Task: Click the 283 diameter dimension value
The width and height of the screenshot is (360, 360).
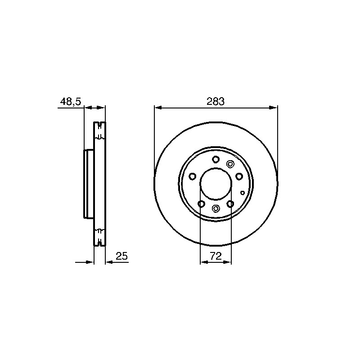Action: click(216, 101)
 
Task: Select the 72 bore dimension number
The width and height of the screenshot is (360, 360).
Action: click(216, 256)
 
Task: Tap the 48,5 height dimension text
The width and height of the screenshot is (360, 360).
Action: click(71, 102)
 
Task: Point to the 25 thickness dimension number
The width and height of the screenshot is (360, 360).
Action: click(121, 256)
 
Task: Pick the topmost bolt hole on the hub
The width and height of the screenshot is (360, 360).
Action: click(216, 159)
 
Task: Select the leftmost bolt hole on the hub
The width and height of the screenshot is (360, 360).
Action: click(193, 176)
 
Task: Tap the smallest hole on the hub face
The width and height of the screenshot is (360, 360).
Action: click(243, 193)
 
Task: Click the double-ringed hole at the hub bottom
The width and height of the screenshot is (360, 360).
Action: click(216, 208)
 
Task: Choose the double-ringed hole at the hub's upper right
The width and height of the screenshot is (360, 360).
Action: click(230, 164)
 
